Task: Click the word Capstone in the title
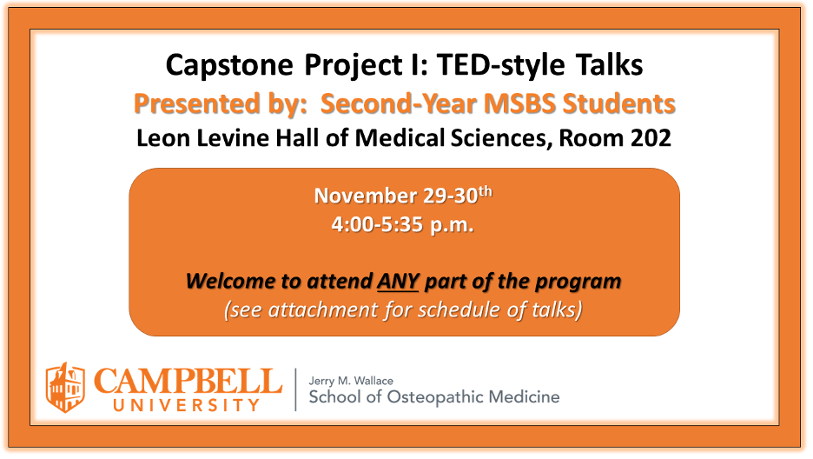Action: coord(229,66)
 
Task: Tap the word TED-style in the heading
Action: coord(500,66)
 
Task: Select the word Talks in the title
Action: coord(609,65)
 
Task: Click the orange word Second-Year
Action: coord(398,103)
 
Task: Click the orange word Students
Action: coord(619,103)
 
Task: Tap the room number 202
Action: coord(651,138)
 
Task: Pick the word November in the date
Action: coord(366,196)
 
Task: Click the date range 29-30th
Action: coord(458,195)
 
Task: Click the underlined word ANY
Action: coord(398,281)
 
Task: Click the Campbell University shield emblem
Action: coord(65,388)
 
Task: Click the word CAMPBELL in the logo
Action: coord(188,382)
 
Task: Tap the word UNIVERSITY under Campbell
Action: coord(186,405)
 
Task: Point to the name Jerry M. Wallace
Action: coord(351,382)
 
